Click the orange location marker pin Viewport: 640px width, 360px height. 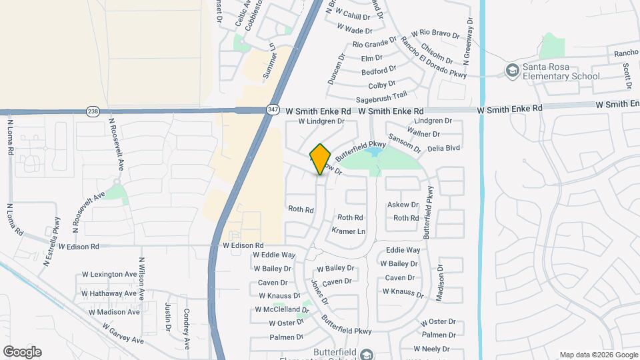[x=321, y=159]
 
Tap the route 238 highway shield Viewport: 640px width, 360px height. [x=92, y=111]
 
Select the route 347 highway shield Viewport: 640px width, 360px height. [x=273, y=111]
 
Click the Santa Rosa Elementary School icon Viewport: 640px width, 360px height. [x=512, y=71]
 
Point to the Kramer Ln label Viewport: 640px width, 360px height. [x=349, y=231]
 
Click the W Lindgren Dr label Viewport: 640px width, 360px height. [x=321, y=121]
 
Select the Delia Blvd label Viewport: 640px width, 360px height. [x=444, y=148]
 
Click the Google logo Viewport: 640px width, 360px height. [x=22, y=351]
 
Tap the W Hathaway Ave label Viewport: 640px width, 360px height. [x=109, y=293]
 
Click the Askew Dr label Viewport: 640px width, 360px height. [x=403, y=205]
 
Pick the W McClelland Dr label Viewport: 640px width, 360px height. [x=279, y=309]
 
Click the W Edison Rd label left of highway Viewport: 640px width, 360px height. [x=78, y=246]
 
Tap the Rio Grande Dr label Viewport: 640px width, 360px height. [x=375, y=45]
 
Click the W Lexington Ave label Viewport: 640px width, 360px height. [x=109, y=275]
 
